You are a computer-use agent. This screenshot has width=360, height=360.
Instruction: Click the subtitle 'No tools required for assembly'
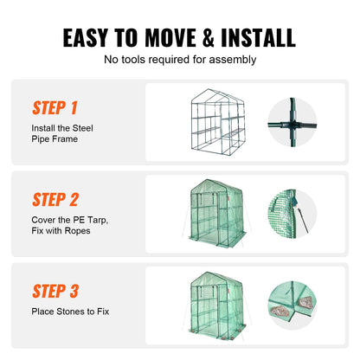(x=180, y=60)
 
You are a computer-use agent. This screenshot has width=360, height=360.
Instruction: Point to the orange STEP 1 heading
(x=55, y=108)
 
